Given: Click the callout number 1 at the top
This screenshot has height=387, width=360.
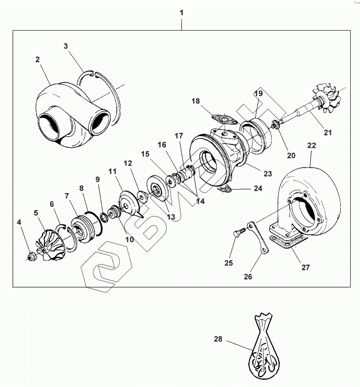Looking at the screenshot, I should coord(181,13).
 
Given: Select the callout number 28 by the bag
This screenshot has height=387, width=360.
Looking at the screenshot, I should coord(218,339).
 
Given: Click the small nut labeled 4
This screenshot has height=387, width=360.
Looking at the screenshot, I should coord(30,256).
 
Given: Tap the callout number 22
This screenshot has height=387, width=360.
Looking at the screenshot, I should coord(312,145).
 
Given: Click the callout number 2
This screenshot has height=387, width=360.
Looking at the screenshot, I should coord(37,59).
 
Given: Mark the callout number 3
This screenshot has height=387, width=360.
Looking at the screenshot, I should coord(66,46).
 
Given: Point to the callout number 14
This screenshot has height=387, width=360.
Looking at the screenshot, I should coord(199,201).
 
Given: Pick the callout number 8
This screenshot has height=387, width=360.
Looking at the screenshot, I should coord(81,188).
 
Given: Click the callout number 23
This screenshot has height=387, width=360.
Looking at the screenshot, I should coord(268,174).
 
